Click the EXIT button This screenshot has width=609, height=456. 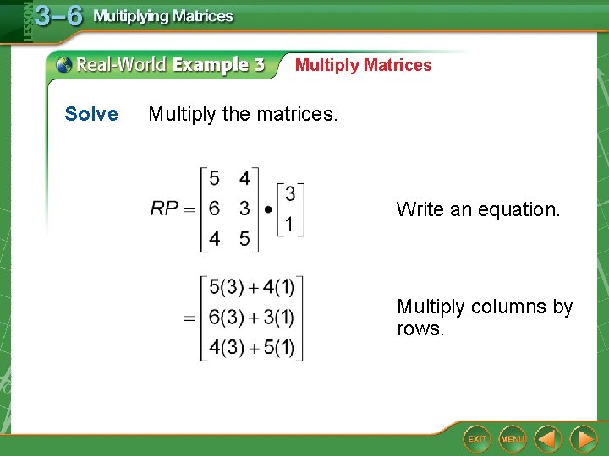477,438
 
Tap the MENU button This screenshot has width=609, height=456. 512,438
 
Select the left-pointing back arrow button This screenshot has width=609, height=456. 548,438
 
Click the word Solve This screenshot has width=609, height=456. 91,114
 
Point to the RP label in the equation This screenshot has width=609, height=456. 164,209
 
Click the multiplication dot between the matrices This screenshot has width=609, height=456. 268,209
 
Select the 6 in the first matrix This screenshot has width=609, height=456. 215,209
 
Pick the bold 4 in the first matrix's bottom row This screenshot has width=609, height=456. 215,239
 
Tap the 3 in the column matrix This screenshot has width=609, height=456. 290,194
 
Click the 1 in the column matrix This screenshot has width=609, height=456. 290,225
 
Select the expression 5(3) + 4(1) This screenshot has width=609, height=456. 251,288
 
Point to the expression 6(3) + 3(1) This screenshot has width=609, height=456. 251,318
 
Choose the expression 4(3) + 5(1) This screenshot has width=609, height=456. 251,348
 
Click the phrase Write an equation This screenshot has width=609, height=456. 478,209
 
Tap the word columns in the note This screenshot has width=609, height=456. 505,307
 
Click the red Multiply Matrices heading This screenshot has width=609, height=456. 363,65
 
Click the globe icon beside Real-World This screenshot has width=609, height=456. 64,64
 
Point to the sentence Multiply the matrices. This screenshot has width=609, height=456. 243,114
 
